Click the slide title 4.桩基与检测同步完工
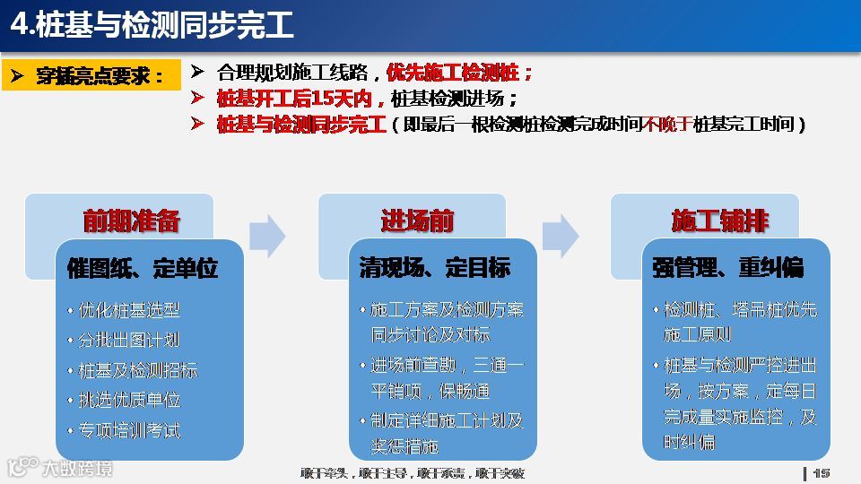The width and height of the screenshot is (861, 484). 152,25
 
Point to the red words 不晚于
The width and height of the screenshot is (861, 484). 667,125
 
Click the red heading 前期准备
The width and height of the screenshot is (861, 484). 132,220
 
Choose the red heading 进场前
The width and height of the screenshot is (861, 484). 417,220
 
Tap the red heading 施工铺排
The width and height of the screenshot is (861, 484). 719,220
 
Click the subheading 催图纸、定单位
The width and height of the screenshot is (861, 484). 143,268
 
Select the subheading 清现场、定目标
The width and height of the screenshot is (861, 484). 435,268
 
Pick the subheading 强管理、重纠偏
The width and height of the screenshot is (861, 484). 728,268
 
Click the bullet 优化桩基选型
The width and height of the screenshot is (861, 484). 129,310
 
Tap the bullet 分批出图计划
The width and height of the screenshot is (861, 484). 129,341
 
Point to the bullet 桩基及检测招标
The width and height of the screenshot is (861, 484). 138,370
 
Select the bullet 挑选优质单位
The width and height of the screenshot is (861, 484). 129,401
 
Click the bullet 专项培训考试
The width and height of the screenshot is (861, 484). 129,431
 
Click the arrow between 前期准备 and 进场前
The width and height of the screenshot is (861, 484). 266,236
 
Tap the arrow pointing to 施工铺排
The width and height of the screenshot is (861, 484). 561,236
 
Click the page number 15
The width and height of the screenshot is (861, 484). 822,472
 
